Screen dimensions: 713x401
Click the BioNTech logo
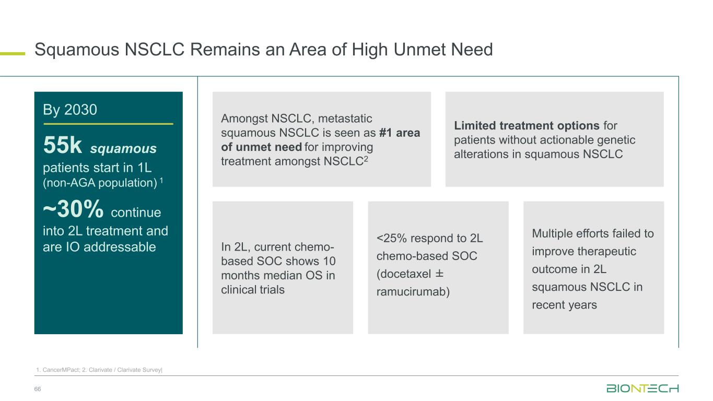[x=642, y=388]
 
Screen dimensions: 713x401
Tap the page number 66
[x=38, y=389]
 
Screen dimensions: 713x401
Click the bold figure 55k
[x=62, y=145]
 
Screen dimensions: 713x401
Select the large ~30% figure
[x=73, y=209]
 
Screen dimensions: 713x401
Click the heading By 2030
[x=69, y=110]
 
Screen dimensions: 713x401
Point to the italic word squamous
[x=123, y=149]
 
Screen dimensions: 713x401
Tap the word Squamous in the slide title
[x=77, y=50]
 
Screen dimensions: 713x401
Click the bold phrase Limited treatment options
[x=527, y=126]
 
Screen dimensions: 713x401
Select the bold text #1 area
[x=400, y=133]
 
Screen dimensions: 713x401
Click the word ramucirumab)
[x=413, y=292]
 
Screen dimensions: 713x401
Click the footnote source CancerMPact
[x=61, y=370]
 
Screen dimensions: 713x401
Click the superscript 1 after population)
[x=161, y=181]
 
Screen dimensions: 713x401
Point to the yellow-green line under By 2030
[x=108, y=124]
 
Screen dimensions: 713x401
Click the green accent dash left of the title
[x=13, y=54]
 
